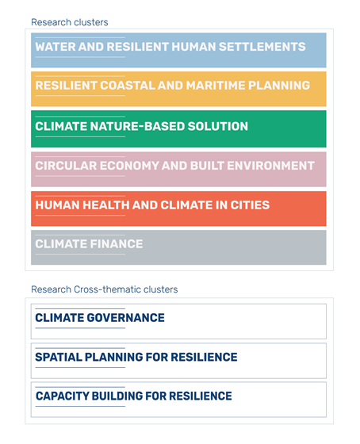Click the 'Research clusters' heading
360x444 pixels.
click(x=70, y=22)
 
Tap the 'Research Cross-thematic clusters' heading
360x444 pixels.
click(x=104, y=289)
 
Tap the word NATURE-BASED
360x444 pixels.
click(x=137, y=126)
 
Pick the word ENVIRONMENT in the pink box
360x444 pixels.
click(x=270, y=166)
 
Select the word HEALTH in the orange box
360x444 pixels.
click(x=106, y=205)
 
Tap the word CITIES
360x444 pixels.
click(x=250, y=205)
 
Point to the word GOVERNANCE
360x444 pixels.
click(x=125, y=318)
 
